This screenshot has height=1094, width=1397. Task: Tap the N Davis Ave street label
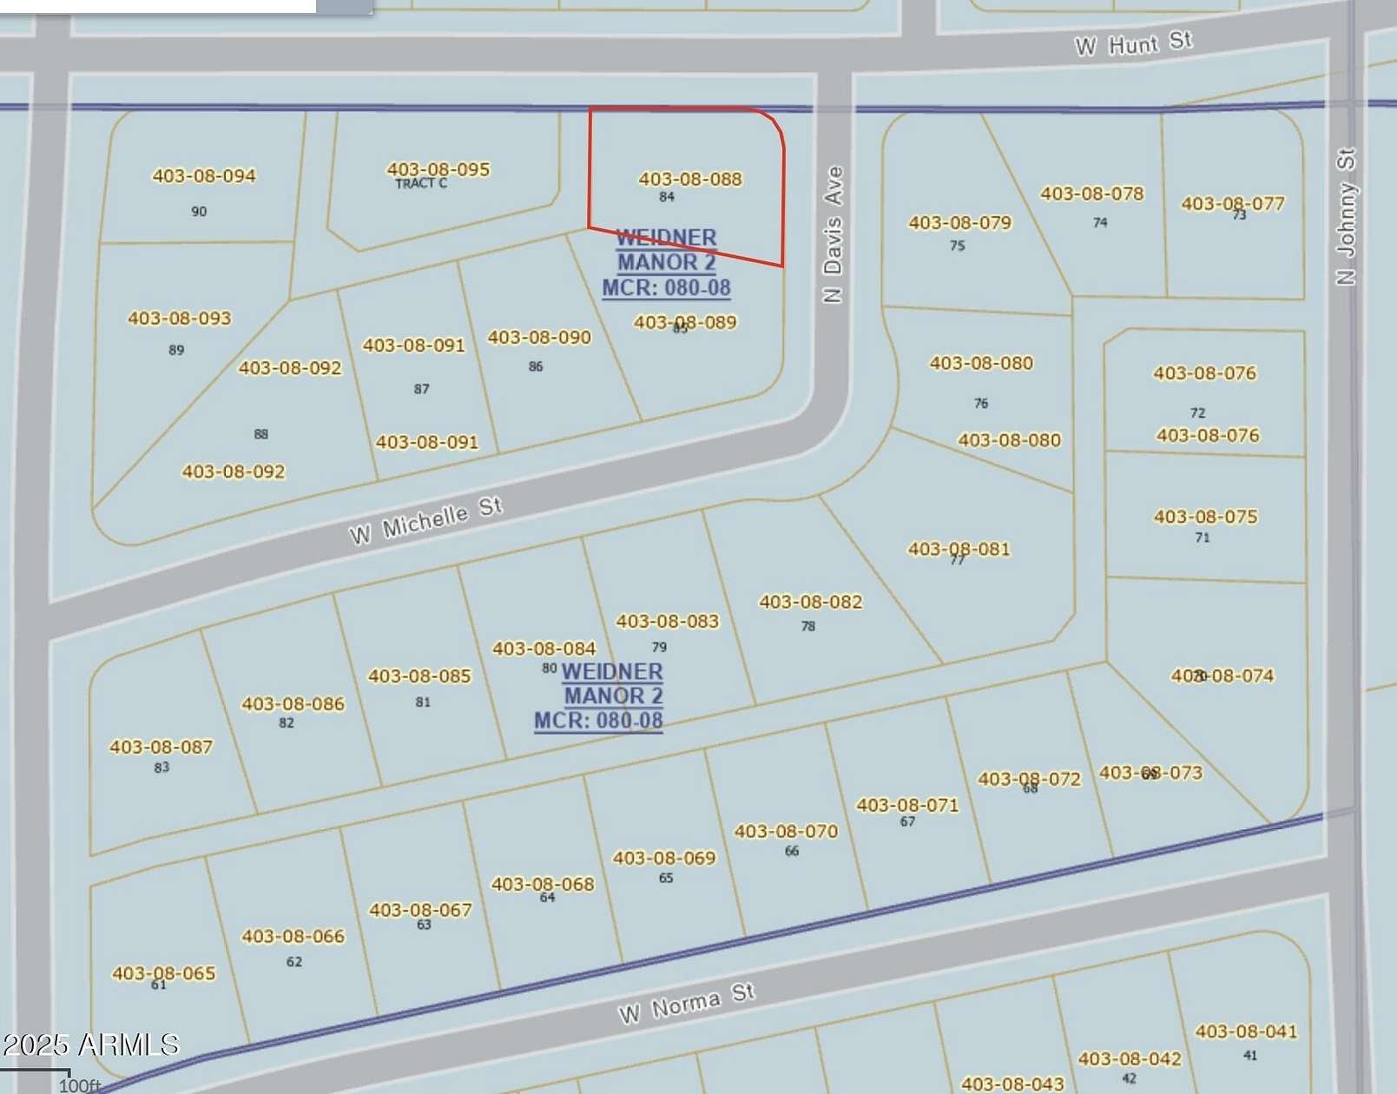[833, 234]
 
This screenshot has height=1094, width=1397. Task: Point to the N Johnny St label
[1345, 217]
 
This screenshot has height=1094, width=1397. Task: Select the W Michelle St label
[425, 520]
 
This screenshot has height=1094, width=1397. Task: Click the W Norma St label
[686, 1003]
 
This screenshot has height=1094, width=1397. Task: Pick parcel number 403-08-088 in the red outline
[690, 179]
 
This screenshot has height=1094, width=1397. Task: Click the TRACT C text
[421, 183]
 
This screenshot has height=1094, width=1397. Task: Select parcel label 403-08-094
[204, 175]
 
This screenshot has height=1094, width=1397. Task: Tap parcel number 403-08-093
[180, 318]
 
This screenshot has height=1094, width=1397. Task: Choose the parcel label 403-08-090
[539, 337]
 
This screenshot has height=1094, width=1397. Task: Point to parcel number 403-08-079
[960, 222]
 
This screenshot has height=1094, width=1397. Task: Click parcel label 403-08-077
[1232, 203]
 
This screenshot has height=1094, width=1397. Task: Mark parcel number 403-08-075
[1205, 517]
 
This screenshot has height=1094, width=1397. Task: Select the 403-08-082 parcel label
[811, 602]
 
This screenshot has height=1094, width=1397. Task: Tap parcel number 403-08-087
[161, 747]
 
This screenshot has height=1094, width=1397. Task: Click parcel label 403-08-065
[163, 973]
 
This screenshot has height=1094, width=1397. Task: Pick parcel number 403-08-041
[1246, 1031]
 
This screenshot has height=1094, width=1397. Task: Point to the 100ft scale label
[80, 1085]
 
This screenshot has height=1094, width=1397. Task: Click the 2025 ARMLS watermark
[90, 1045]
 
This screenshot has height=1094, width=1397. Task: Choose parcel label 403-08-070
[786, 831]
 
